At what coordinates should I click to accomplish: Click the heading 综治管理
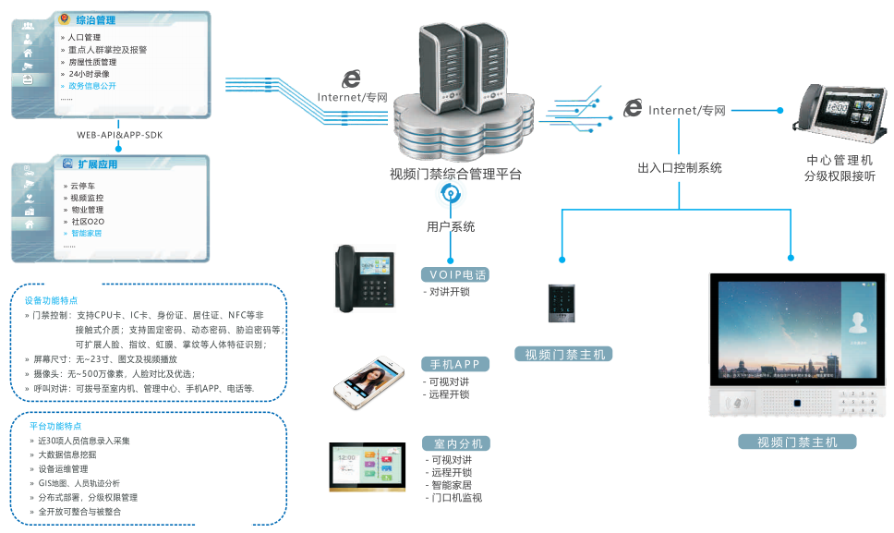(95, 19)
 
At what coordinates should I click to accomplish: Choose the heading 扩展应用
(97, 164)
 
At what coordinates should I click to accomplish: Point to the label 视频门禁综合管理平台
(455, 174)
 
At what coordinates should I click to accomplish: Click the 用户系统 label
(451, 226)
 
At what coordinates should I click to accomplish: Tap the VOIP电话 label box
(454, 275)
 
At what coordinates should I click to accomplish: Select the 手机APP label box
(454, 364)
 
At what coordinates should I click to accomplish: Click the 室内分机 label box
(454, 443)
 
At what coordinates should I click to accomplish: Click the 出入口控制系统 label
(680, 168)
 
